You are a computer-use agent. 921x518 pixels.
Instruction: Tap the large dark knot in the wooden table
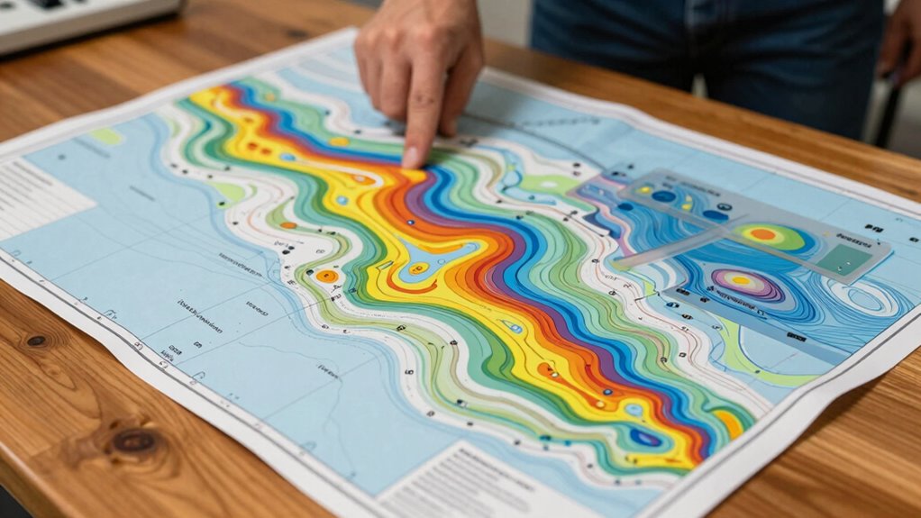click(134, 441)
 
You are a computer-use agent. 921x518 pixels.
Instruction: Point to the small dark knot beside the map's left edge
click(36, 341)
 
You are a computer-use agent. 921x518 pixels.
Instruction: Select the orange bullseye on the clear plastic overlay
click(762, 236)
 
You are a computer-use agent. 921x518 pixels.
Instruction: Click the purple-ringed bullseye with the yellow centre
click(739, 281)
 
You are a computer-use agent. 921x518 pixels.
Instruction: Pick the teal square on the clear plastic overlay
click(848, 262)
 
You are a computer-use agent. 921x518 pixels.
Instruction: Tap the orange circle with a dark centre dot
click(327, 276)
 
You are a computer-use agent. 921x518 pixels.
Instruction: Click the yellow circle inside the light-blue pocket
click(416, 268)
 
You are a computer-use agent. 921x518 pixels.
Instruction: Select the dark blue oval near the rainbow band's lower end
click(645, 438)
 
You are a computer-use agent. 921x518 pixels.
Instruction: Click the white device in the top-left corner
click(81, 18)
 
